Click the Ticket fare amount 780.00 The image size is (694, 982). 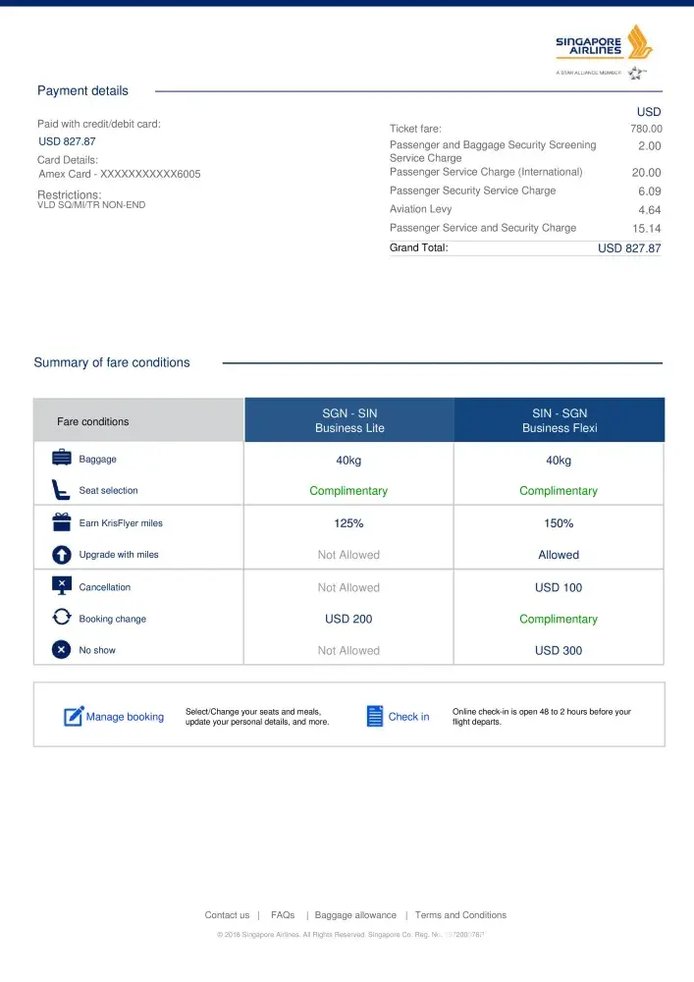[646, 129]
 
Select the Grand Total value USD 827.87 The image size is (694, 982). [629, 248]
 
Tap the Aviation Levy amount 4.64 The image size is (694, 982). [649, 210]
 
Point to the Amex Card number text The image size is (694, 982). [120, 174]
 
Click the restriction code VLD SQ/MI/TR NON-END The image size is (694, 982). [91, 205]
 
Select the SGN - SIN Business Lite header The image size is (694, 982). [349, 420]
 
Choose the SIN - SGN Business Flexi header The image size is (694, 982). [559, 420]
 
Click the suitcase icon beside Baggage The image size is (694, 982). [61, 458]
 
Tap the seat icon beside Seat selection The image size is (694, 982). [61, 489]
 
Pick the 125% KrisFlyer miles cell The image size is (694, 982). [348, 523]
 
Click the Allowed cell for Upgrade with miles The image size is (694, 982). [559, 555]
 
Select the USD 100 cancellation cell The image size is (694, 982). [559, 587]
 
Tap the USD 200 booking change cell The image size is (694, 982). [348, 619]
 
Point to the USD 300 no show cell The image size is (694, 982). [559, 650]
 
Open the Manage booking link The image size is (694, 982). [125, 717]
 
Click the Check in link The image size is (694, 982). [408, 717]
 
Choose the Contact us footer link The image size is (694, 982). [227, 915]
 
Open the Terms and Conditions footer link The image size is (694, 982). [460, 915]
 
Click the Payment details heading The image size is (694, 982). [82, 91]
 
